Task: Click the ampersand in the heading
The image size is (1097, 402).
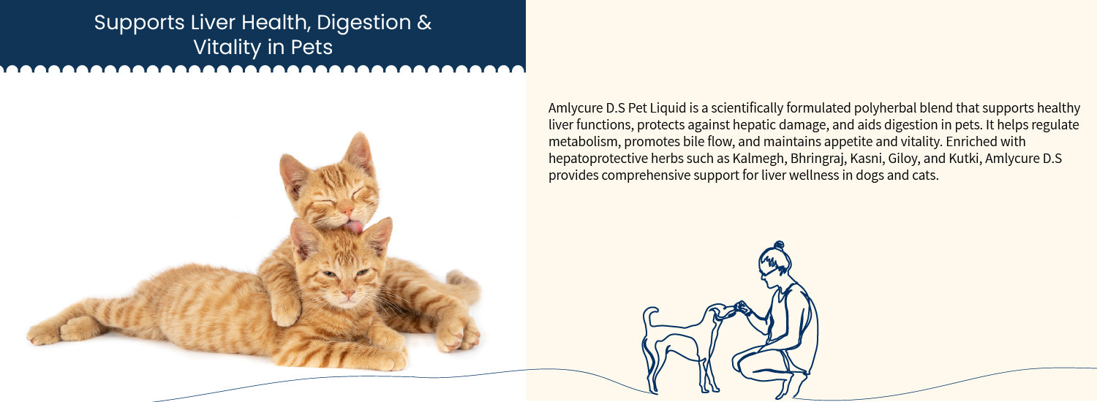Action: pos(424,23)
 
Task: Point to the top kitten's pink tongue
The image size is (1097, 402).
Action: pos(355,227)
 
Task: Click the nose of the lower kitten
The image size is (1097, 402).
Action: pos(347,294)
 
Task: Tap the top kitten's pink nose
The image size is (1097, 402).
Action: pos(347,210)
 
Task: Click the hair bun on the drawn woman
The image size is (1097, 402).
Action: pos(779,245)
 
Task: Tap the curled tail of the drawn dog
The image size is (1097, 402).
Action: pos(649,318)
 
